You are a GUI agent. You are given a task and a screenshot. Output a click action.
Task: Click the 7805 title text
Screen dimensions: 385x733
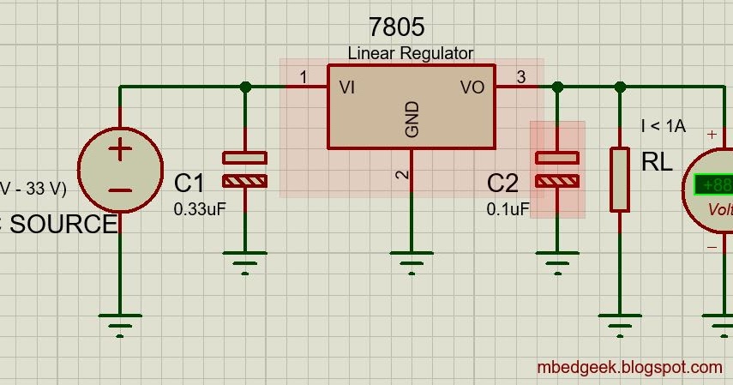pyautogui.click(x=396, y=27)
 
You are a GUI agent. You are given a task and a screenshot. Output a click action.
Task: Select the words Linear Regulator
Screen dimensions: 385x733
pyautogui.click(x=410, y=53)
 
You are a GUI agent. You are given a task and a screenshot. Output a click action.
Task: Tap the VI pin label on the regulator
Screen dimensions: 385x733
pyautogui.click(x=348, y=87)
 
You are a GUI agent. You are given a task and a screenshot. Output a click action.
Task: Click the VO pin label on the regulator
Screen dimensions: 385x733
pyautogui.click(x=472, y=87)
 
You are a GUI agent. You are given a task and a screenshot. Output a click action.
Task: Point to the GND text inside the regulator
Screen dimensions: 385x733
pyautogui.click(x=412, y=119)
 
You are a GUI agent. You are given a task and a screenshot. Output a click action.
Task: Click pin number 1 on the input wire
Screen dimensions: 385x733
pyautogui.click(x=303, y=78)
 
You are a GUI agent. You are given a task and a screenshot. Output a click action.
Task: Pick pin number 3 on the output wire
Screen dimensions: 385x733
pyautogui.click(x=520, y=78)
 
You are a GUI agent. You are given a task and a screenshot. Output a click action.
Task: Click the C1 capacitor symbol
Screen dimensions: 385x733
pyautogui.click(x=245, y=169)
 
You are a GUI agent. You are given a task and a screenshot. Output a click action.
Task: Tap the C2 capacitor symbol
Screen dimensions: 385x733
pyautogui.click(x=557, y=169)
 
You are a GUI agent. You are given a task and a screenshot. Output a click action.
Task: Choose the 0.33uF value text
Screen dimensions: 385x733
pyautogui.click(x=200, y=208)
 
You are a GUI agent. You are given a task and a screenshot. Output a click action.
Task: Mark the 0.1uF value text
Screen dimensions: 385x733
pyautogui.click(x=508, y=208)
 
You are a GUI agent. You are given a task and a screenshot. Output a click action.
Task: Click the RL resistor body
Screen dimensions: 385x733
pyautogui.click(x=620, y=179)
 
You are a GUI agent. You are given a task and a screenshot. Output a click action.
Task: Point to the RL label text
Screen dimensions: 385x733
pyautogui.click(x=657, y=162)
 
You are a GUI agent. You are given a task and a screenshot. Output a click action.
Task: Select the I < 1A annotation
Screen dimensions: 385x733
pyautogui.click(x=663, y=126)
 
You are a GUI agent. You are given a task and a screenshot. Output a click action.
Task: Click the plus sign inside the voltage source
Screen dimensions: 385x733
pyautogui.click(x=120, y=150)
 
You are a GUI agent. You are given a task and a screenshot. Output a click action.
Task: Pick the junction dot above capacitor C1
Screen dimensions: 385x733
pyautogui.click(x=246, y=87)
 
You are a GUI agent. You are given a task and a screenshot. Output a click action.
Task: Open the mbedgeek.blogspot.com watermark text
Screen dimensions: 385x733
pyautogui.click(x=629, y=367)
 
